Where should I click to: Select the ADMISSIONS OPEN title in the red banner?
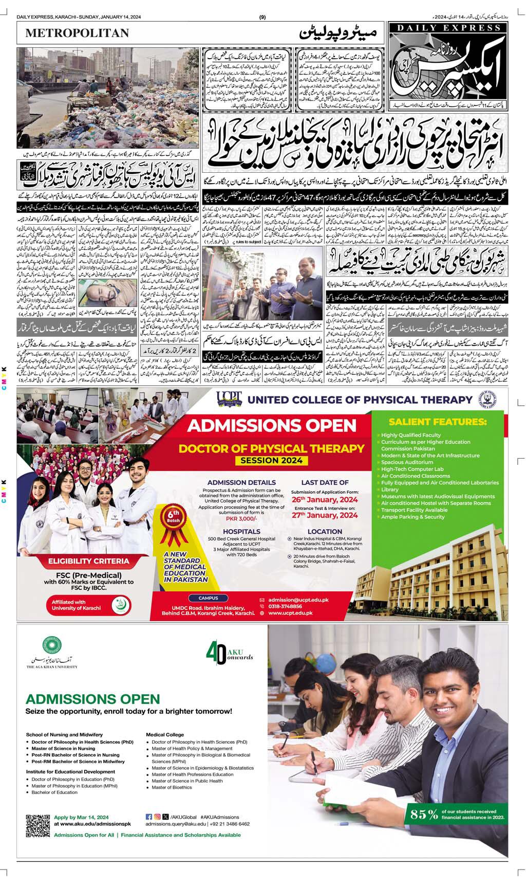272,426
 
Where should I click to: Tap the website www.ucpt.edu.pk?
290,613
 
